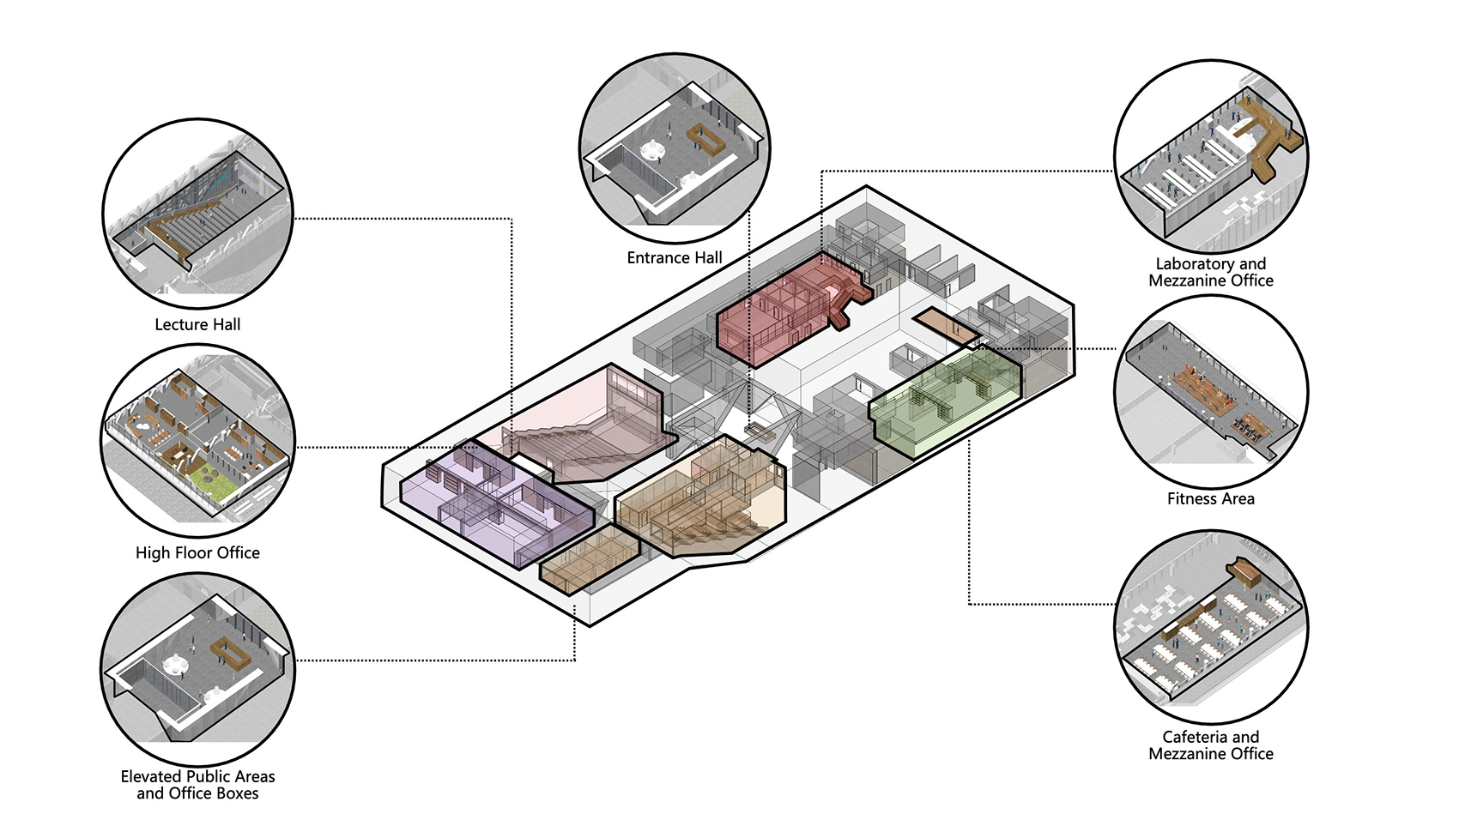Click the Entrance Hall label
674,258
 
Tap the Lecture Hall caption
197,325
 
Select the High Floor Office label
197,553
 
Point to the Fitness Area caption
1210,499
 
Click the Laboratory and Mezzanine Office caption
1211,273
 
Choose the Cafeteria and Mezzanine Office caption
1211,746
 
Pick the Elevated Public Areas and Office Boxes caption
197,785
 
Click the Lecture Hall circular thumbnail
198,214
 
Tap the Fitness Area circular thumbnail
1211,392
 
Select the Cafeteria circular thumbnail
1211,627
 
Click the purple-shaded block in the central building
497,505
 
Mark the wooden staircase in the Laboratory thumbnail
1263,140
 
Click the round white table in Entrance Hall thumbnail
651,150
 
